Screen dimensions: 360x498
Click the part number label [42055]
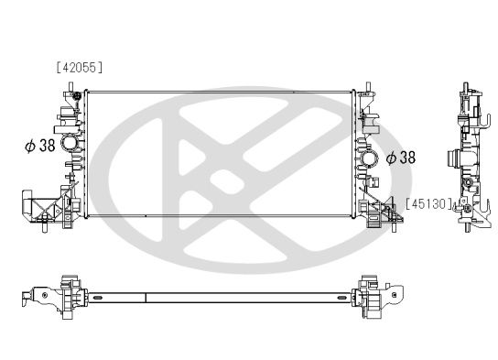tap(79, 67)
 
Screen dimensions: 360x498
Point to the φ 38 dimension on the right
tap(401, 158)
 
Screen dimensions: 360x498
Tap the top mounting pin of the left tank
tap(70, 87)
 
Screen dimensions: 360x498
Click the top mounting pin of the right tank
tap(368, 87)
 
